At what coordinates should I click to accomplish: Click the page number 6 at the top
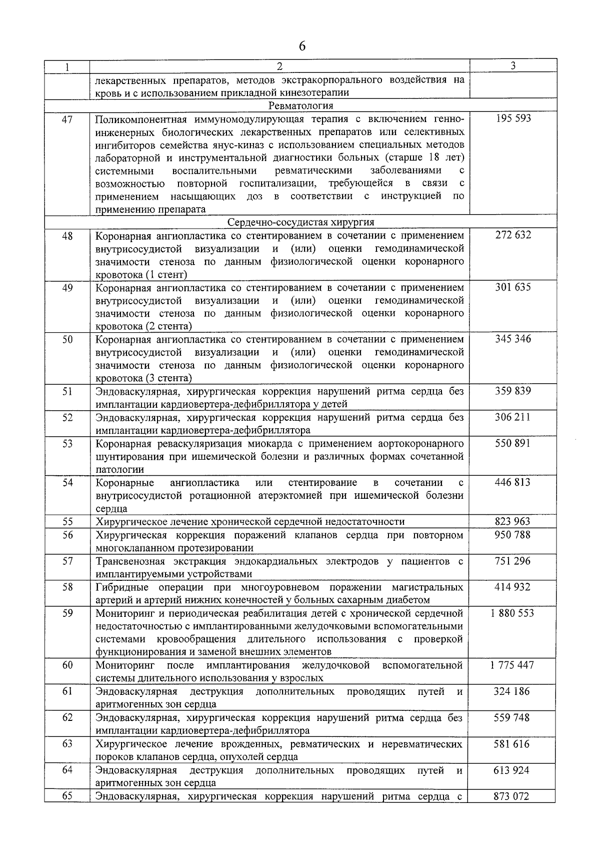301,47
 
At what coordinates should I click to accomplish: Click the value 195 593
513,119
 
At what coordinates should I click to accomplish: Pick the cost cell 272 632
513,235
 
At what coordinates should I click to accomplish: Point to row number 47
67,119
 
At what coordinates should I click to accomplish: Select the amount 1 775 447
512,665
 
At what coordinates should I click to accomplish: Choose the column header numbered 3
513,66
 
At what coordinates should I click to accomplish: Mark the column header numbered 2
279,66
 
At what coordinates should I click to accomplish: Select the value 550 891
512,443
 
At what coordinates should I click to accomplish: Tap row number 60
67,665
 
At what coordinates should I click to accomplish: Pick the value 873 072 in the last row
511,796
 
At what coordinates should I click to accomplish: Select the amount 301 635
513,287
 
